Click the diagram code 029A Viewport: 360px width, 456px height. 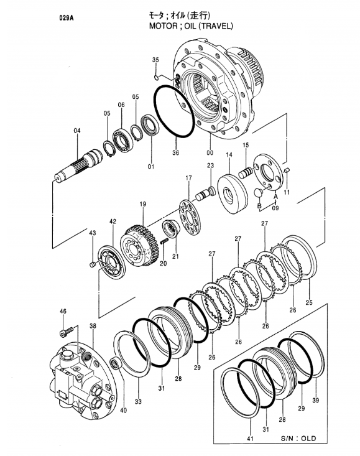click(x=67, y=18)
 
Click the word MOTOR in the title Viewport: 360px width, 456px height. click(x=163, y=26)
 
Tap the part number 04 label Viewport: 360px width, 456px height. click(x=76, y=131)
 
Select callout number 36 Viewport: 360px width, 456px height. click(x=175, y=152)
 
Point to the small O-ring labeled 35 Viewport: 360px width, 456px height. click(x=156, y=77)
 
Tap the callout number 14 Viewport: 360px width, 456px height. click(x=229, y=155)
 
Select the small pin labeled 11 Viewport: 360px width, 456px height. click(x=287, y=170)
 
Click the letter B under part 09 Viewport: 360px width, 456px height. click(x=259, y=206)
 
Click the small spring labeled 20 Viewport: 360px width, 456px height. click(x=165, y=241)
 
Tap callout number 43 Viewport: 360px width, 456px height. click(x=93, y=233)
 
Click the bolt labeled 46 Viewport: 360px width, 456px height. click(x=67, y=332)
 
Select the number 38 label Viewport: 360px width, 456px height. click(x=93, y=327)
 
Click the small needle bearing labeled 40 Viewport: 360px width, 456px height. click(x=116, y=363)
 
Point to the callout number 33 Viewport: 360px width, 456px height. click(x=138, y=401)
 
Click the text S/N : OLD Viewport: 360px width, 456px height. click(x=298, y=438)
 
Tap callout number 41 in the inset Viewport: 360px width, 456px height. click(x=250, y=439)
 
